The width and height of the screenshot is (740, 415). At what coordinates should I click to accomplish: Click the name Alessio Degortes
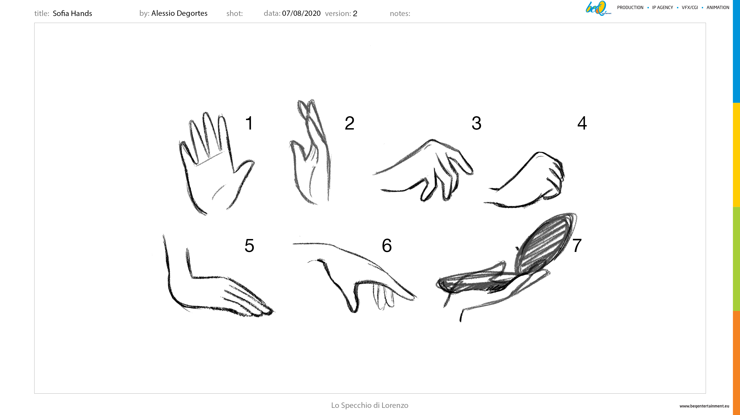tap(179, 13)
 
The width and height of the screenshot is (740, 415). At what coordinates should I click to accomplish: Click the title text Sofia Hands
tap(72, 13)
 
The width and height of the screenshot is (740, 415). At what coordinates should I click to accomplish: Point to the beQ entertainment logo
tap(598, 8)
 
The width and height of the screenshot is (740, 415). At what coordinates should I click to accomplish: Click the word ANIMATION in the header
tap(718, 8)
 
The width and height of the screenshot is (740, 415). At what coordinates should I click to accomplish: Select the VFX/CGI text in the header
tap(690, 8)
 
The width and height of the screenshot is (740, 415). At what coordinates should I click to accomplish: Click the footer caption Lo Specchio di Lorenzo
tap(370, 405)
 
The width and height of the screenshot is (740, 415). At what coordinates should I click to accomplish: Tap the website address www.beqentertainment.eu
tap(704, 406)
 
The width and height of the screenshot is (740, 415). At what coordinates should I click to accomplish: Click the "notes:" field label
tap(400, 13)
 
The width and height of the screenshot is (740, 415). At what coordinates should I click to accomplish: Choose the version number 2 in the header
tap(355, 13)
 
